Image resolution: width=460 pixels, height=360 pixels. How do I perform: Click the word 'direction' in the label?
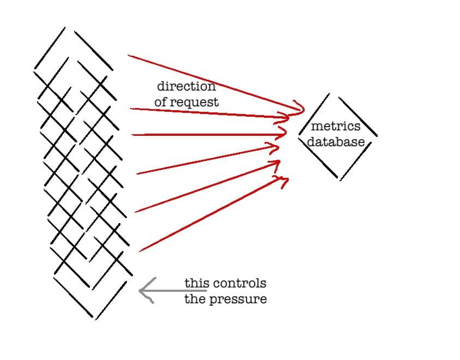point(186,86)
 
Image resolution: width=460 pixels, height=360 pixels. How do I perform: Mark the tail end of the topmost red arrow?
point(128,55)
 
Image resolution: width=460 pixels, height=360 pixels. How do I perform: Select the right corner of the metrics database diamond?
point(376,135)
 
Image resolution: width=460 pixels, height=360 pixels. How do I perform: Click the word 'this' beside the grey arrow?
point(193,284)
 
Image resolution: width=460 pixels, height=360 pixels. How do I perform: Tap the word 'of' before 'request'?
point(161,102)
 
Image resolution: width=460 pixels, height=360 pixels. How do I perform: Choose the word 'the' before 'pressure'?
point(193,299)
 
